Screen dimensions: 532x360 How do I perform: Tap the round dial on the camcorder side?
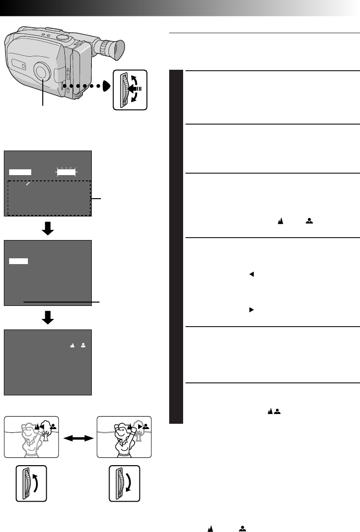[42, 72]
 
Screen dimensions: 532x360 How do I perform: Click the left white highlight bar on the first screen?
[20, 171]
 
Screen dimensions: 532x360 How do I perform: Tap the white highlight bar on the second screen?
[19, 261]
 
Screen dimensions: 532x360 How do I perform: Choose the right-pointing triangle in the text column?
[251, 311]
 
